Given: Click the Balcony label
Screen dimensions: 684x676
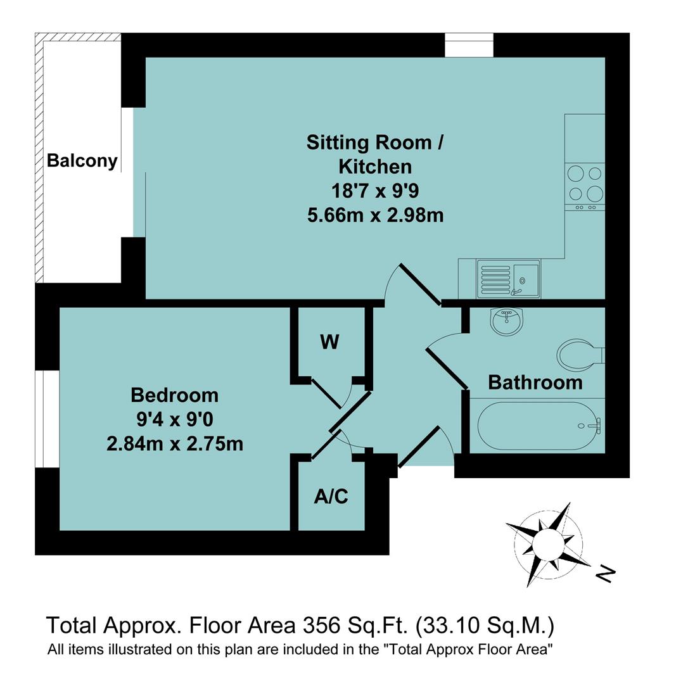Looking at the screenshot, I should [x=82, y=160].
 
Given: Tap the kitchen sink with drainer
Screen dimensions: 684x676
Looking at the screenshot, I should [x=508, y=279].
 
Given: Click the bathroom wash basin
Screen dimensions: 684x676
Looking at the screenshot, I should [x=506, y=321].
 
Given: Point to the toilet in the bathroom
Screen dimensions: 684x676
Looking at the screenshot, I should [x=578, y=353].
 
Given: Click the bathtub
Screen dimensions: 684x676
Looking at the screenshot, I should [x=538, y=426].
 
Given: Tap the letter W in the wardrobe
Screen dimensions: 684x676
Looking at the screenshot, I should [x=329, y=342].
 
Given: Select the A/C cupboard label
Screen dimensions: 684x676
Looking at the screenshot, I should [x=331, y=497].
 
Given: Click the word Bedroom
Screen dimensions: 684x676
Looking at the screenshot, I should [x=174, y=395].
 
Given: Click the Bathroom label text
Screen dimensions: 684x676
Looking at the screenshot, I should [x=535, y=383].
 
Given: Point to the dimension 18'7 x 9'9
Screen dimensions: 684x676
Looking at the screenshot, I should [x=375, y=191].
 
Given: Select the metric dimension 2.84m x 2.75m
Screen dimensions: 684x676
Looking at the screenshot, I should [x=175, y=443].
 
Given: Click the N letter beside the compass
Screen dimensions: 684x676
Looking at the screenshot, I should [x=606, y=574].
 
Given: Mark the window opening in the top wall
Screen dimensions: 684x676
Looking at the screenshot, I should [x=469, y=45].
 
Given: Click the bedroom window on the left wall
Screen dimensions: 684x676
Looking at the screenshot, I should [x=48, y=418].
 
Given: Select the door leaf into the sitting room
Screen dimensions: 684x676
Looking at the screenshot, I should [x=421, y=284].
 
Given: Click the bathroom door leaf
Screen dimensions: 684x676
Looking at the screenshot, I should [x=447, y=369].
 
